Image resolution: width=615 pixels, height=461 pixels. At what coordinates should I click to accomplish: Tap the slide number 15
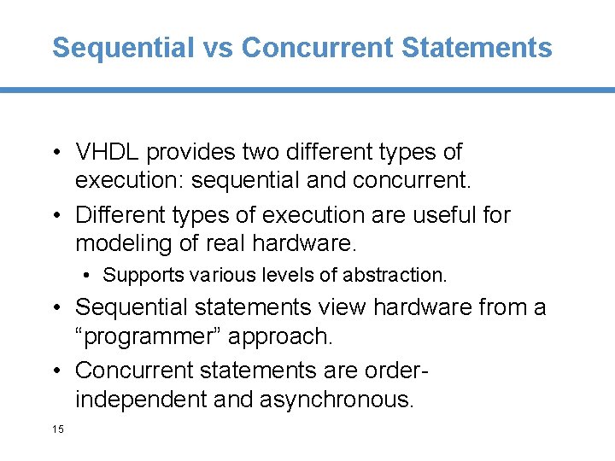coord(57,429)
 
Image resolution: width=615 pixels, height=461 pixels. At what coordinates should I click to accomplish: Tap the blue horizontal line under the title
coord(307,90)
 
